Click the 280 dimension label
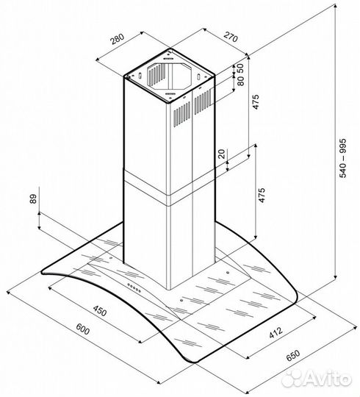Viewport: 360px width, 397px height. tap(116, 38)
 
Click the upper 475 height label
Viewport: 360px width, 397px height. tap(256, 103)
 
